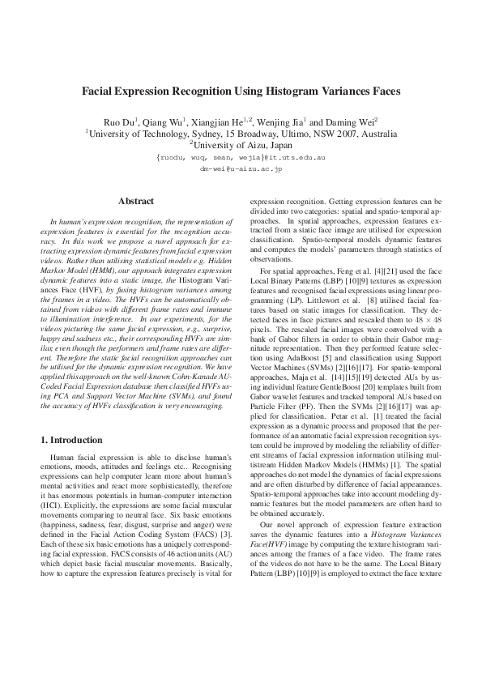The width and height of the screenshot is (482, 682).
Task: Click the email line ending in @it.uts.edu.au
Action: (241, 160)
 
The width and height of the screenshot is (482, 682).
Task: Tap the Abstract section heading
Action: (136, 200)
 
